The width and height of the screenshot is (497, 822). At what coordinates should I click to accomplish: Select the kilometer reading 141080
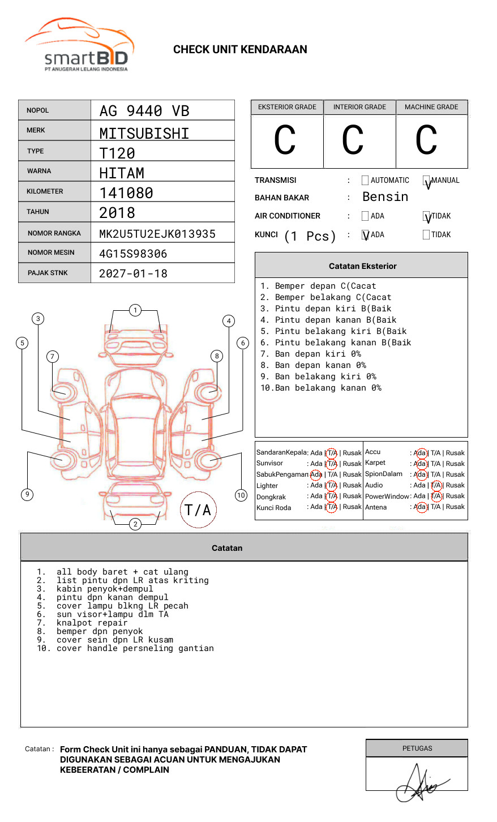(126, 193)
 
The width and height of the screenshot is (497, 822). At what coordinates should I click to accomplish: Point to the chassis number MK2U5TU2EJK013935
(157, 234)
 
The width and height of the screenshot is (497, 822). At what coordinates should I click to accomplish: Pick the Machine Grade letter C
(426, 140)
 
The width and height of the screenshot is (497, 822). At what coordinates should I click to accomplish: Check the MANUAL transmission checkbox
(427, 181)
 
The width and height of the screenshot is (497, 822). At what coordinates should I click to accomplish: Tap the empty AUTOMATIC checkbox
(365, 181)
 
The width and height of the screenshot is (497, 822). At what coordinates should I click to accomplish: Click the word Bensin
(385, 197)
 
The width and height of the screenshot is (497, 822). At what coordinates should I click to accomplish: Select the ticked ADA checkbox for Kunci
(365, 235)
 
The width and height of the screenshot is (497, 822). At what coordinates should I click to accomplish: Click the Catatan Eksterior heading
(362, 266)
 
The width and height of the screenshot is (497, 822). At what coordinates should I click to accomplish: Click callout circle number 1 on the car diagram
(135, 310)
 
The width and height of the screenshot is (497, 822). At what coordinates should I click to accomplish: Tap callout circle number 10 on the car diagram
(241, 495)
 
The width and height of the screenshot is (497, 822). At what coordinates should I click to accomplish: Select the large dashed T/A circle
(198, 510)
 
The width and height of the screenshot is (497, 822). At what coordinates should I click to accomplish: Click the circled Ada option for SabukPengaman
(316, 474)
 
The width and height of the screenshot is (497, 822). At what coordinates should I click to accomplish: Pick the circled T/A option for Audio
(436, 485)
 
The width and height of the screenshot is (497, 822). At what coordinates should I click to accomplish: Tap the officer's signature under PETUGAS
(419, 784)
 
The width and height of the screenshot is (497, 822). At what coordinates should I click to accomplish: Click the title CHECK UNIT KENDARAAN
(240, 50)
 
